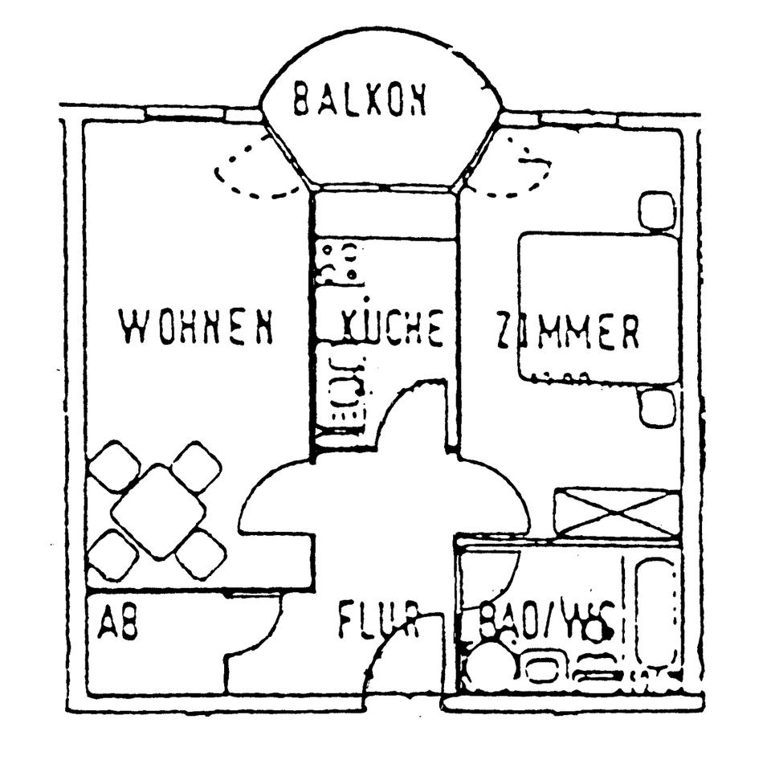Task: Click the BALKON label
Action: click(x=359, y=99)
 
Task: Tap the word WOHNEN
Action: click(x=196, y=327)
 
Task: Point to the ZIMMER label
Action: click(x=567, y=331)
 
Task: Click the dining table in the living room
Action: click(x=157, y=511)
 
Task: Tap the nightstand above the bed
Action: click(x=656, y=210)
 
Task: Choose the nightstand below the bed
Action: click(x=658, y=407)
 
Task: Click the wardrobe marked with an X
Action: click(x=617, y=513)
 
